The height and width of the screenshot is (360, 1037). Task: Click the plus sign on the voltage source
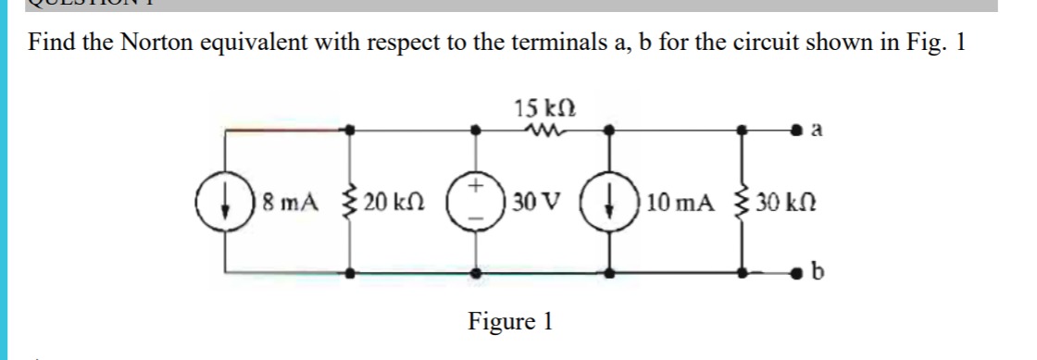coord(477,187)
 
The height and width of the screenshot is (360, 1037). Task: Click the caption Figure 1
coord(510,321)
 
